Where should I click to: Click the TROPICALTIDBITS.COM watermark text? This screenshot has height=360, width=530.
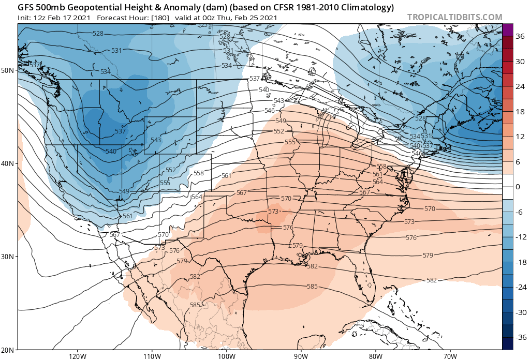coord(454,17)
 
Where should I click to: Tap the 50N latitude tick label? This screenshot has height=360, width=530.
coord(8,70)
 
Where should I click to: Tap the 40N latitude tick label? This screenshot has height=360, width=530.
coord(8,163)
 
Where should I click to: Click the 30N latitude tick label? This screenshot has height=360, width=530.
coord(8,257)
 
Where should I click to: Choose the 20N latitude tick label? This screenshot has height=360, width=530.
coord(8,349)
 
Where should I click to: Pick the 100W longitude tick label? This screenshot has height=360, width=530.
coord(226,356)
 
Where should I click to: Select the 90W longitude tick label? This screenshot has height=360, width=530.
coord(301,356)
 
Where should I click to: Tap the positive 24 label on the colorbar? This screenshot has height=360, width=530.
coord(519,86)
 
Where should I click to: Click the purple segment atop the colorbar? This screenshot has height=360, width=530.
coord(507,29)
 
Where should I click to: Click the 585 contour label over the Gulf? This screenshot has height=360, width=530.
coord(312,286)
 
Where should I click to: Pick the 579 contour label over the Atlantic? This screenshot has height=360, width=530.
coord(428,256)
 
